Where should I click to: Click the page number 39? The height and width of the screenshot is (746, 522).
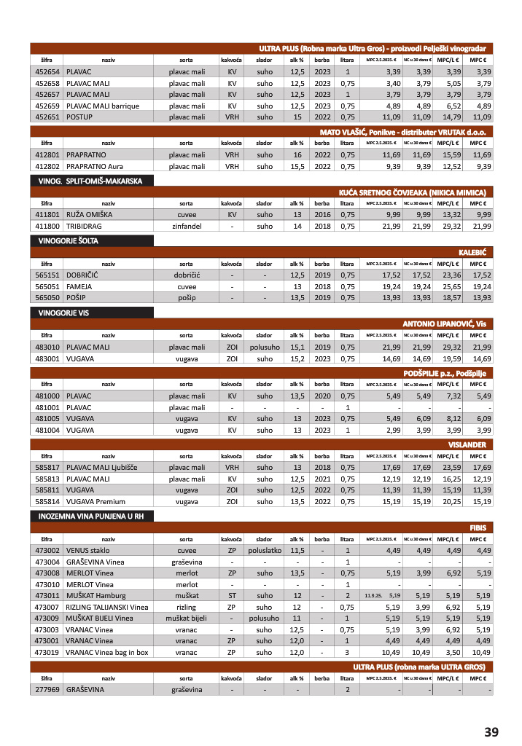[491, 731]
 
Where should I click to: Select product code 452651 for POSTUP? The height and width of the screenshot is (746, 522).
[47, 117]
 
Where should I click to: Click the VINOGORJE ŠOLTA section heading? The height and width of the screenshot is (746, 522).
[69, 240]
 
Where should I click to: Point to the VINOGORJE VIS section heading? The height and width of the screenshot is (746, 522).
[63, 312]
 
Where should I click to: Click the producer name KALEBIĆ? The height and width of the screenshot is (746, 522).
[472, 252]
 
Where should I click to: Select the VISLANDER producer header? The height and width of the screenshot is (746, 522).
[467, 444]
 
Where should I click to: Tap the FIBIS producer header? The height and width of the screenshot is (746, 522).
[479, 527]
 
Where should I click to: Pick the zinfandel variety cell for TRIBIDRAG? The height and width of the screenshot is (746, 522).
[187, 227]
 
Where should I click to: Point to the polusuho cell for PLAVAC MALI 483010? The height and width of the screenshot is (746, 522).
[264, 347]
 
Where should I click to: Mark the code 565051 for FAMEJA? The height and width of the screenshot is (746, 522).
[47, 287]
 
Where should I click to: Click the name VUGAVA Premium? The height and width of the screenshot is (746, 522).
[96, 502]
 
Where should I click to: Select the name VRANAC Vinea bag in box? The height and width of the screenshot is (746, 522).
[106, 652]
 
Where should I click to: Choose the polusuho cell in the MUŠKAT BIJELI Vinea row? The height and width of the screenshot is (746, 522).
[264, 618]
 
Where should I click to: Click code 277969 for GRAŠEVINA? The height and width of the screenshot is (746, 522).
[47, 689]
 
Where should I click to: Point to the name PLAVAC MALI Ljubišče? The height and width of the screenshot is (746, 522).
[101, 467]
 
